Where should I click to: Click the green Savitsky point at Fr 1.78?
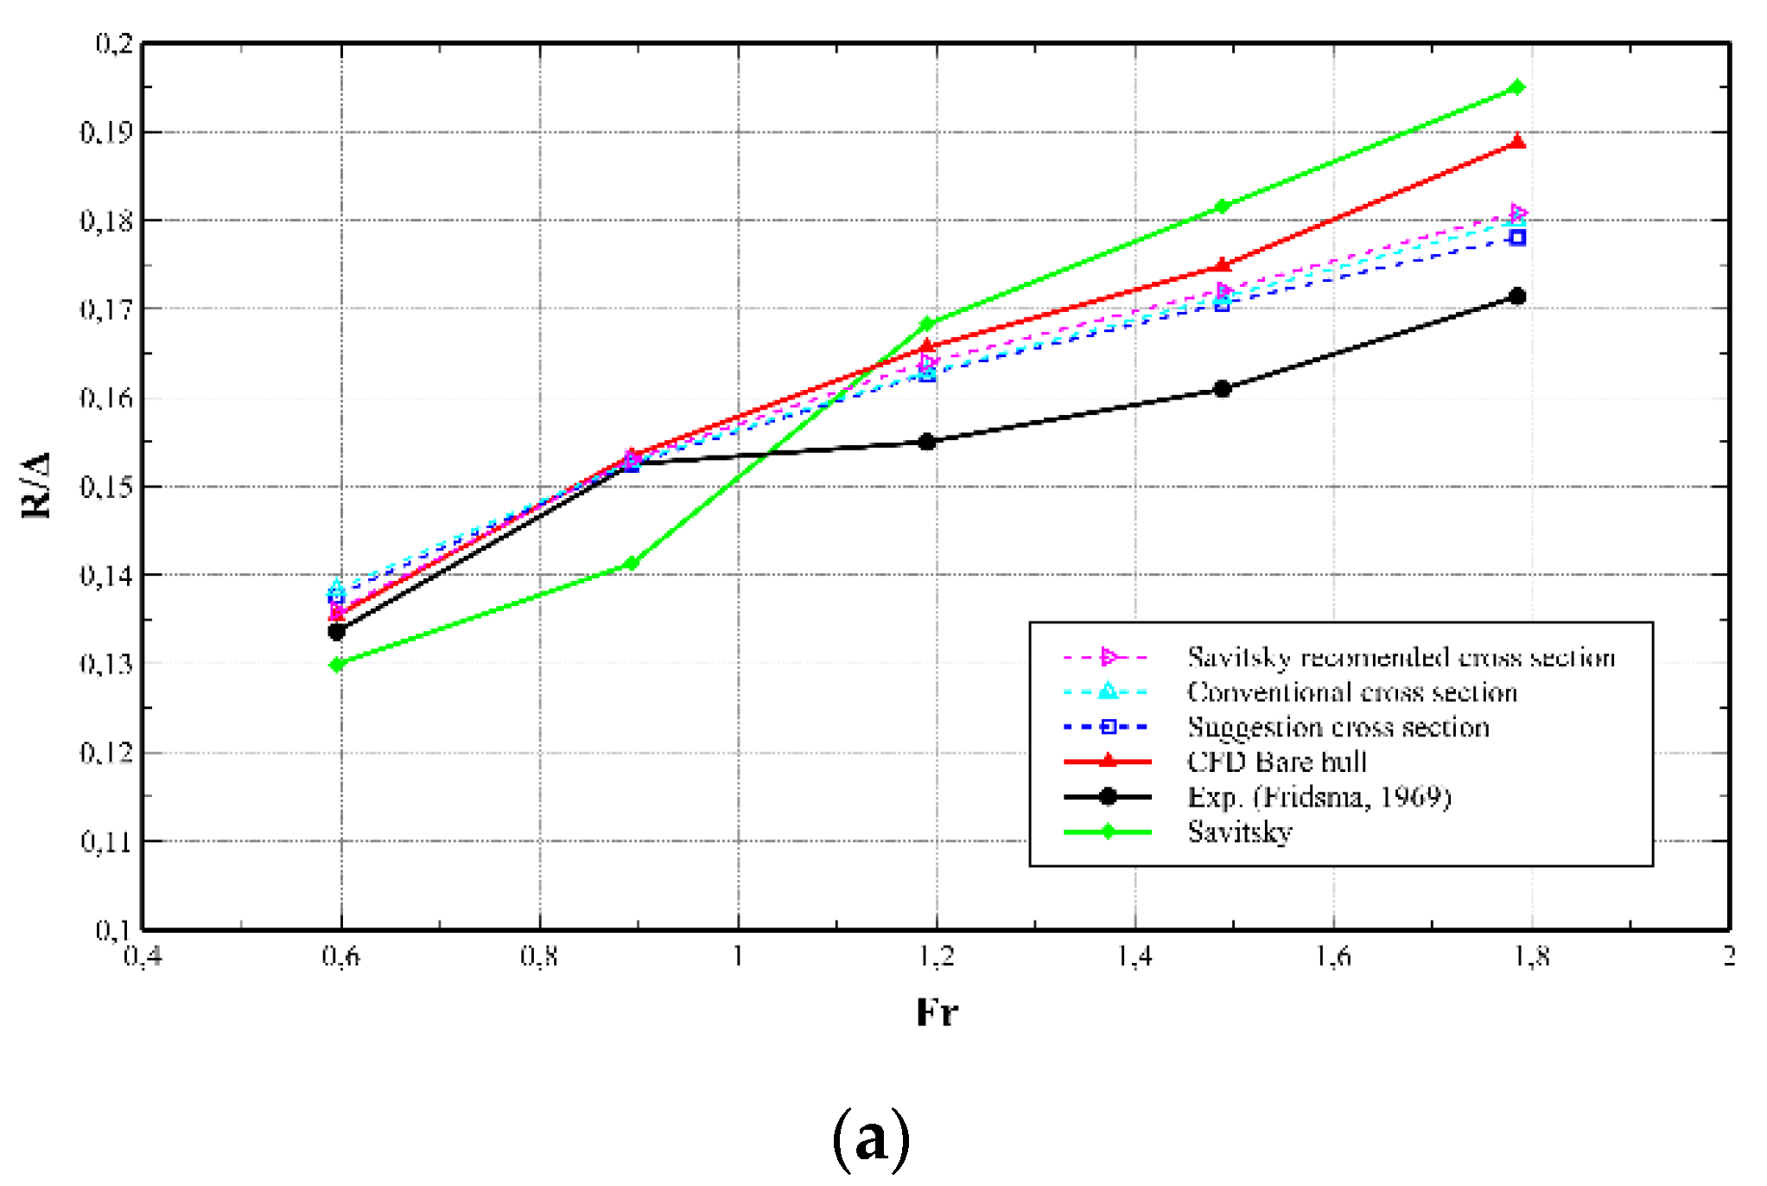[1516, 87]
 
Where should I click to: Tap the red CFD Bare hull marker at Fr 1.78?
[1516, 143]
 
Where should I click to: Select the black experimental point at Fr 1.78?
[1516, 296]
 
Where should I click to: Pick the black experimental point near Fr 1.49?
[1222, 388]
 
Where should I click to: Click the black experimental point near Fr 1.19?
[927, 442]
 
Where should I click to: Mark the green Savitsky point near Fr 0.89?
[631, 564]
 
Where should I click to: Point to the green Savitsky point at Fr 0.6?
[337, 664]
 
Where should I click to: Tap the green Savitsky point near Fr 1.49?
[1222, 206]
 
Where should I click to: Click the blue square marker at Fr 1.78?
[1516, 238]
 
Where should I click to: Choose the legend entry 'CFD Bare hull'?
[1276, 762]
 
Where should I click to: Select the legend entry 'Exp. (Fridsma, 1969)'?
[1319, 796]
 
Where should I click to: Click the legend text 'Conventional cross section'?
[1351, 692]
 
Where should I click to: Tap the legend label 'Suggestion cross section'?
[1338, 727]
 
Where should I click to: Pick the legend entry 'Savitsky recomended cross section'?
[1400, 657]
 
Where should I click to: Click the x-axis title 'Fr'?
[937, 1011]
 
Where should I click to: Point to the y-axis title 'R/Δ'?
[36, 485]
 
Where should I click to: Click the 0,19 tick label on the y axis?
[106, 132]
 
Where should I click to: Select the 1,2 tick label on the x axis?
[937, 956]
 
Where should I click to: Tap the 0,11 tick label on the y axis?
[106, 840]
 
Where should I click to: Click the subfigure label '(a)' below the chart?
[870, 1138]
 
